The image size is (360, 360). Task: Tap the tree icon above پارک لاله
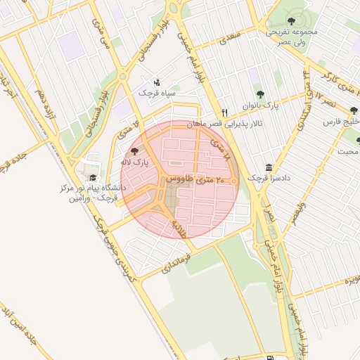point(134,152)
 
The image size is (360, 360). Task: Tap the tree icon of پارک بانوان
point(261,94)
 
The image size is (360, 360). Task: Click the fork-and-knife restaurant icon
point(224,112)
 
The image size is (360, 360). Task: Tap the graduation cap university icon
point(92,179)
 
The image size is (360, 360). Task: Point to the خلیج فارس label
point(342,122)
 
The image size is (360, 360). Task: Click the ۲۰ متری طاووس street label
point(197,181)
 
